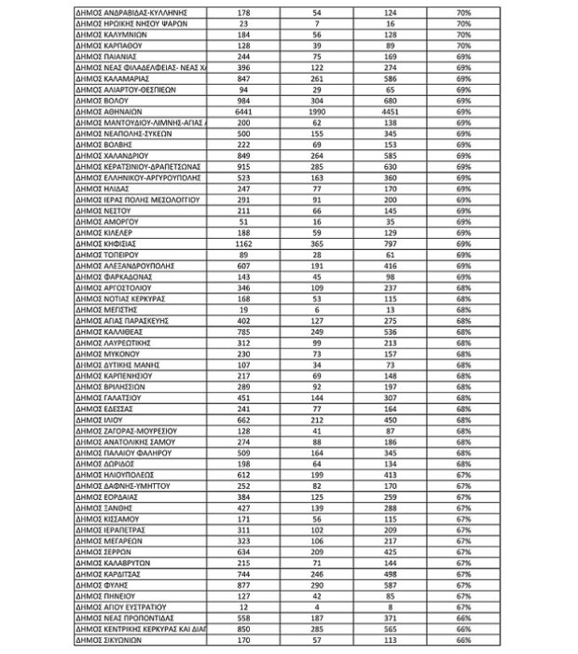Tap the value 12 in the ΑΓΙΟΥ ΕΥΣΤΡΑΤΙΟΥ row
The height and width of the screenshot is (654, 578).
(242, 606)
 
